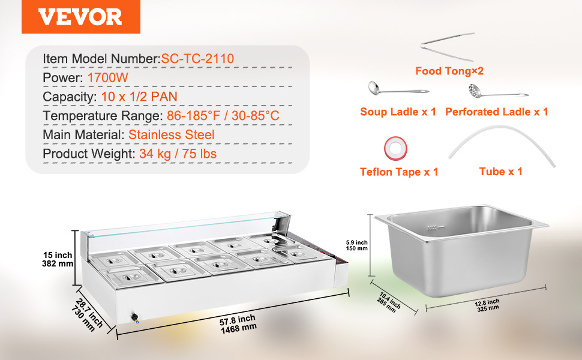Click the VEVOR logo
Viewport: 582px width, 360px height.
[80, 17]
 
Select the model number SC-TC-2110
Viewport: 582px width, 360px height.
[197, 59]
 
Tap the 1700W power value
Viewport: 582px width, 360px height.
[107, 77]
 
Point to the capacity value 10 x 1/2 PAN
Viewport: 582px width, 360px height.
[139, 97]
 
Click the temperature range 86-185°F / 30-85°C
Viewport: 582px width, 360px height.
[223, 115]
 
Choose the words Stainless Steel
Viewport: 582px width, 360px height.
[172, 134]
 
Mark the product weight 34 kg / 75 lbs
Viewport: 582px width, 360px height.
[178, 154]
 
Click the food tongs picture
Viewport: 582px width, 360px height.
[448, 47]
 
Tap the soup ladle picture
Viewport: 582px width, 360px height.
[398, 89]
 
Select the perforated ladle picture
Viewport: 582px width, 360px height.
[497, 91]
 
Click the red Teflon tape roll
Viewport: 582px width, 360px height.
[395, 148]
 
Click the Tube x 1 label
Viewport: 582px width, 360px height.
[501, 172]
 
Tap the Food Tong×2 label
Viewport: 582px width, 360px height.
[449, 71]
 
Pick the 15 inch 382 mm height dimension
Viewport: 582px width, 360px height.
[58, 259]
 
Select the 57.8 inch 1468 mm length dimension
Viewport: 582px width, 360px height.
[238, 324]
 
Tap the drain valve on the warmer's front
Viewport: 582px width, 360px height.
[135, 318]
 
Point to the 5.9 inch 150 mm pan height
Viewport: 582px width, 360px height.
[356, 245]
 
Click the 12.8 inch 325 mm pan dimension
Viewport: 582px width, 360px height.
[487, 305]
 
